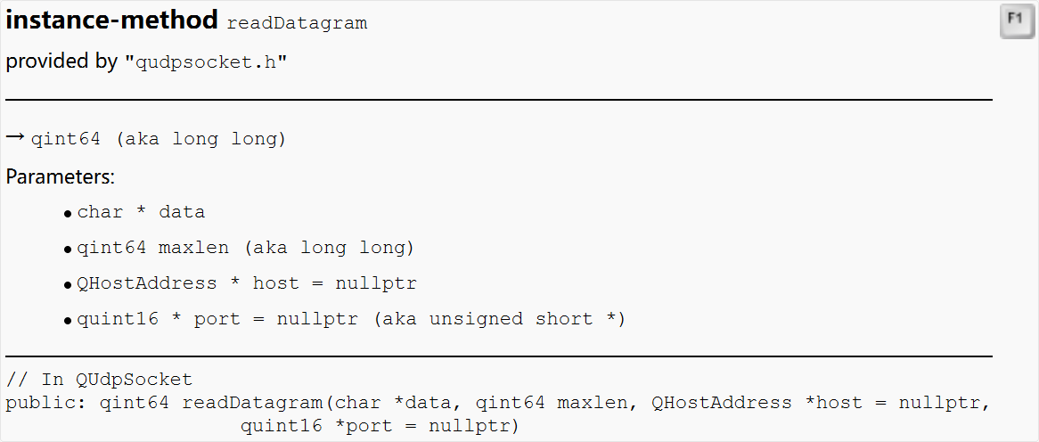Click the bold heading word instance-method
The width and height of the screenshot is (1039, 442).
111,20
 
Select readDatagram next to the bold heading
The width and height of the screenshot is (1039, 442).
297,23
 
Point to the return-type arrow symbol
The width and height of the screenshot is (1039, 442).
15,137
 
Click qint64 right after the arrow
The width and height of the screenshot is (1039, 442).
66,140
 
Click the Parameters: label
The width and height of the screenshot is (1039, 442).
61,176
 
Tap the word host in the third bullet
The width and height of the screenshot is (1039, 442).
276,283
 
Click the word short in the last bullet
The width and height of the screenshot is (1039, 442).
564,319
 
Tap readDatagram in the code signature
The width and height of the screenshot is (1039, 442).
252,403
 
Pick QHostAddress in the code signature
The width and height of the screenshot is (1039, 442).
721,403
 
